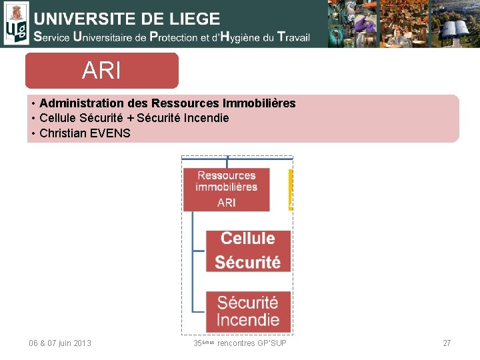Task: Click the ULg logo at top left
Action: click(15, 23)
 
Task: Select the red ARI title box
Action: click(102, 71)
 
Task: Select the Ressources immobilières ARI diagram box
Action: click(227, 189)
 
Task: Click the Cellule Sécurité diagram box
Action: click(247, 250)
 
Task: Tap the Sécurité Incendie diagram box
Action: click(247, 311)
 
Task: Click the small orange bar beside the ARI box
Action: click(291, 190)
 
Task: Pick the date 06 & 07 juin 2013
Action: click(60, 343)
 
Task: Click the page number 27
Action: click(447, 343)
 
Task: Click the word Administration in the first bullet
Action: click(72, 103)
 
